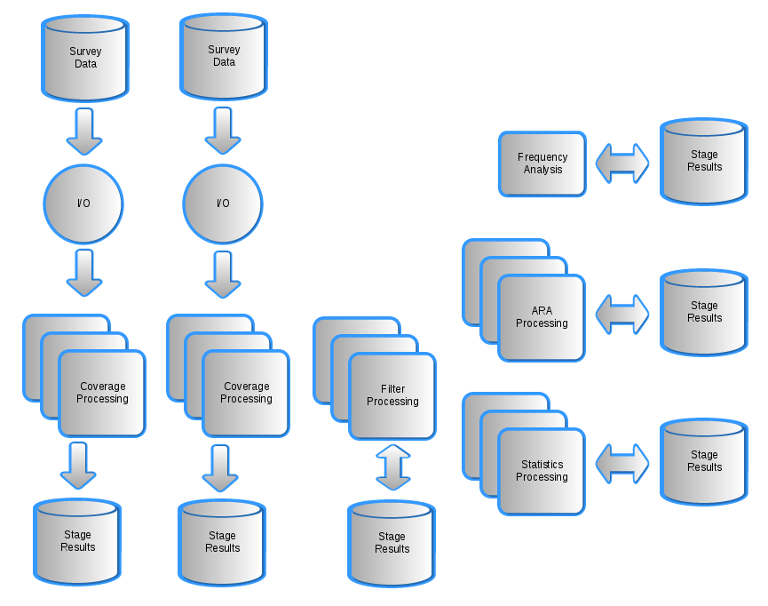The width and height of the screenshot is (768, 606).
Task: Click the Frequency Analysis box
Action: pyautogui.click(x=542, y=163)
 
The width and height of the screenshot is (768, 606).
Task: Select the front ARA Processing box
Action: pyautogui.click(x=542, y=317)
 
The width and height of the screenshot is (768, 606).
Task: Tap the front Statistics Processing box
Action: pyautogui.click(x=542, y=471)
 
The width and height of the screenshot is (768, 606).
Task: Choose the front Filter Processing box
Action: pyautogui.click(x=392, y=395)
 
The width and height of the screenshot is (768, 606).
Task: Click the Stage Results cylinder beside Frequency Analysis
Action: pyautogui.click(x=704, y=161)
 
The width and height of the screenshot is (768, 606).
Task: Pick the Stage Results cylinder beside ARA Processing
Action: pyautogui.click(x=704, y=312)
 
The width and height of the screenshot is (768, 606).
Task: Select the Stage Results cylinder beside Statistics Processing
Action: pyautogui.click(x=704, y=461)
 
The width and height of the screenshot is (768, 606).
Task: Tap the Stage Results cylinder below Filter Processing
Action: pyautogui.click(x=392, y=543)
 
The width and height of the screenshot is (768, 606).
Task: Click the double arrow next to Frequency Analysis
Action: pyautogui.click(x=622, y=163)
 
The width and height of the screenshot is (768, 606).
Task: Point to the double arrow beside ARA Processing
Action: pyautogui.click(x=622, y=315)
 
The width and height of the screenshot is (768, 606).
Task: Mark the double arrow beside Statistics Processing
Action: pyautogui.click(x=622, y=464)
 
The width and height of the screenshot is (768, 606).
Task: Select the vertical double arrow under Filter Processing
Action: pyautogui.click(x=392, y=467)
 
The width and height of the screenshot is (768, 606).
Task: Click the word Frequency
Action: pyautogui.click(x=542, y=157)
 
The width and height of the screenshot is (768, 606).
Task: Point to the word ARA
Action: pyautogui.click(x=542, y=311)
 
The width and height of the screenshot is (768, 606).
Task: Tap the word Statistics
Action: pyautogui.click(x=542, y=465)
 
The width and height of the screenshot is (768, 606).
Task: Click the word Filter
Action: pyautogui.click(x=392, y=389)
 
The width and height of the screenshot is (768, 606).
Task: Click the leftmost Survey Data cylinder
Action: pyautogui.click(x=85, y=58)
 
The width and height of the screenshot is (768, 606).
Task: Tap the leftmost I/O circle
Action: pyautogui.click(x=83, y=204)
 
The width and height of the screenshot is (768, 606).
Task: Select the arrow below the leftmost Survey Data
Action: pyautogui.click(x=84, y=131)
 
